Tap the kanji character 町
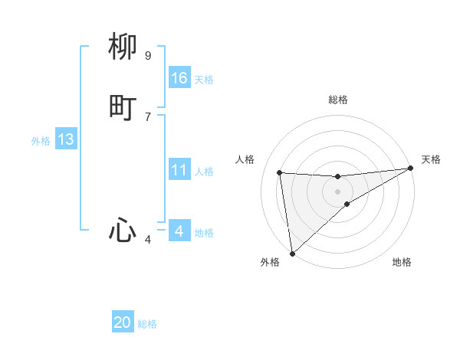point(123,108)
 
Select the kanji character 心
point(123,230)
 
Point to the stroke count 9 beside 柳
point(148,56)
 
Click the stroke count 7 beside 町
point(148,116)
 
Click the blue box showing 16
point(179,78)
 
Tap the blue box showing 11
point(179,170)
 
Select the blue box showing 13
point(66,139)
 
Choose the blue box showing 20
point(123,323)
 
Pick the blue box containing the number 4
point(179,231)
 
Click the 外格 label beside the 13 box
point(41,141)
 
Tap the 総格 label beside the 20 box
point(147,325)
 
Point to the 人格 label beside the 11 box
point(205,172)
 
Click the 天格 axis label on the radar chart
point(431,159)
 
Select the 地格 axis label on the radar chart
point(402,262)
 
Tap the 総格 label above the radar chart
point(337,100)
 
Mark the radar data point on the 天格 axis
point(410,169)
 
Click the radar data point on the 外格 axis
point(292,254)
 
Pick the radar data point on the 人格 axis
point(279,172)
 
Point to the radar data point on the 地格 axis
point(347,204)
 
